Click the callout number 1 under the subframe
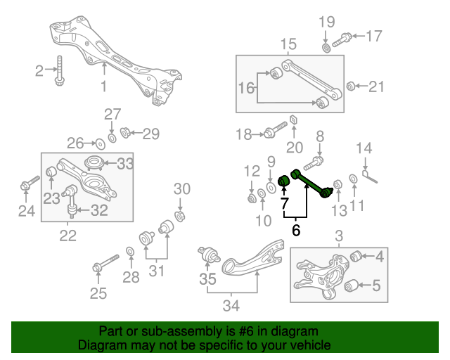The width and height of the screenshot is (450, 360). coord(103,86)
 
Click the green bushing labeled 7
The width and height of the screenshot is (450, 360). coord(285,183)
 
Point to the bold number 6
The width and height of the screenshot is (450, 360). coord(296,230)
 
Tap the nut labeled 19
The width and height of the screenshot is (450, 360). coord(327,47)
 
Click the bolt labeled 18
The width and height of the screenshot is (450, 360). coord(274,131)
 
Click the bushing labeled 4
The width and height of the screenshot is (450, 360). coord(356,255)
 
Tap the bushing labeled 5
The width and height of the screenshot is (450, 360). coord(354,285)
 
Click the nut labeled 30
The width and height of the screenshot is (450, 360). coord(179,214)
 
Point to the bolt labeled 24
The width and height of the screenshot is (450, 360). coord(26,186)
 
